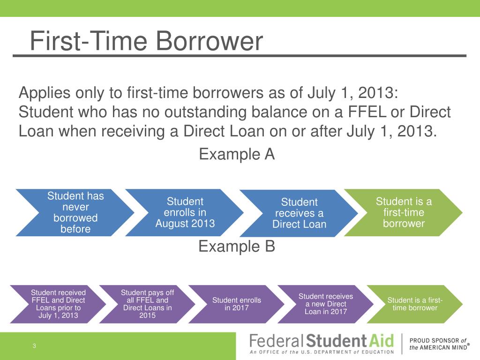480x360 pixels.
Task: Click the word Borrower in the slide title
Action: (210, 41)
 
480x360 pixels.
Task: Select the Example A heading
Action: (237, 154)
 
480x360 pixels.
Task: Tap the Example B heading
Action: (237, 247)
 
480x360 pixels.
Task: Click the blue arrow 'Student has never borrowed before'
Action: (75, 212)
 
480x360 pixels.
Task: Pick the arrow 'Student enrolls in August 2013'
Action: (184, 212)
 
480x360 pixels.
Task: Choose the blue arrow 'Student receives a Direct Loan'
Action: (299, 213)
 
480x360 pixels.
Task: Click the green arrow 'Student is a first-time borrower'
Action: (403, 212)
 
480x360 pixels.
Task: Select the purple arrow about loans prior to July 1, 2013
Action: (58, 304)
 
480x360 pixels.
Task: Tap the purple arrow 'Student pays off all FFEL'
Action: (147, 304)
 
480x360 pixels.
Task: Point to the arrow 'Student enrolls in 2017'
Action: (236, 304)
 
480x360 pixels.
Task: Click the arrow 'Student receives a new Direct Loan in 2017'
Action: (325, 304)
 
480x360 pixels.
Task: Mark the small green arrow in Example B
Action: (414, 304)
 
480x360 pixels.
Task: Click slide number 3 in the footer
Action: (34, 346)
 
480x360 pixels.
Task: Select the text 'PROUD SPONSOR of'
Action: (438, 340)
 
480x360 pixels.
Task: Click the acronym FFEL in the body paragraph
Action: (367, 112)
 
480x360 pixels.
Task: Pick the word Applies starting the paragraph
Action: (45, 93)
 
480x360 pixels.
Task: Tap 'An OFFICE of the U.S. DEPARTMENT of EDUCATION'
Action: (322, 352)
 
